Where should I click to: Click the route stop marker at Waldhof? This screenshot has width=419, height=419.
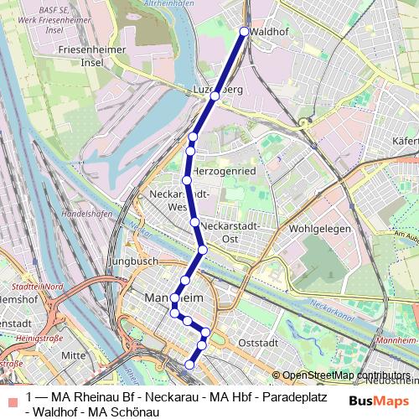click(245, 32)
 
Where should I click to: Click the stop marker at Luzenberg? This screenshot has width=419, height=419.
click(215, 96)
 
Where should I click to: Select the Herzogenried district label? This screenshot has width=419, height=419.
click(224, 170)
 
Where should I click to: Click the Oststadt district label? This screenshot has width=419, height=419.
click(257, 342)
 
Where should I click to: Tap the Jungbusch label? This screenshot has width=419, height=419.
click(133, 261)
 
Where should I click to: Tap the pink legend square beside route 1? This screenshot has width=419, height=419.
click(10, 396)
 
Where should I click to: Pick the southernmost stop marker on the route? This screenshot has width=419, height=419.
click(190, 365)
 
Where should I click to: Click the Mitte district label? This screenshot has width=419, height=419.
click(74, 355)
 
